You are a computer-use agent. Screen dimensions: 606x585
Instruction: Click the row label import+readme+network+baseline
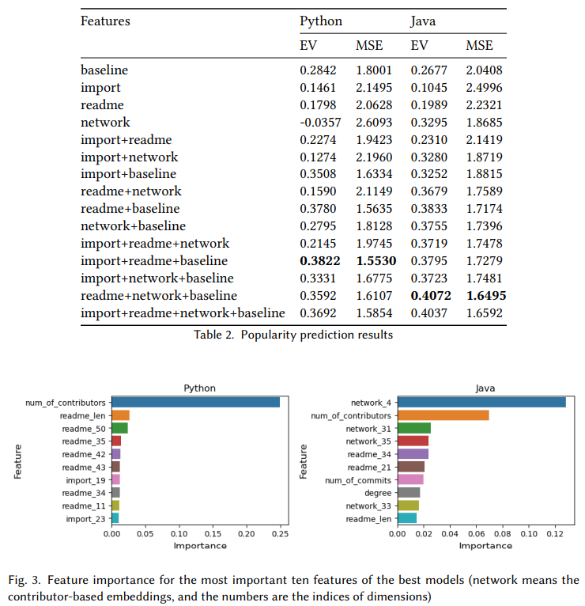tap(183, 313)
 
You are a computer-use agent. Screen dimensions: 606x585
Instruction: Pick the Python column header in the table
tap(321, 21)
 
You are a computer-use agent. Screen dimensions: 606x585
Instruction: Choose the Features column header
tap(105, 21)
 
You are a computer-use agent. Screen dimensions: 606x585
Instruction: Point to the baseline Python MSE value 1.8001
tap(374, 70)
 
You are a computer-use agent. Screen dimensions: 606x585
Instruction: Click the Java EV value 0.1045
tap(429, 87)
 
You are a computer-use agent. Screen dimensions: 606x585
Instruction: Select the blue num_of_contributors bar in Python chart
tap(195, 402)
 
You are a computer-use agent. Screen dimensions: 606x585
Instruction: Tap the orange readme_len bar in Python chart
tap(120, 415)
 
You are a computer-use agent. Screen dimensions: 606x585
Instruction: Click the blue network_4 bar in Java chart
tap(481, 402)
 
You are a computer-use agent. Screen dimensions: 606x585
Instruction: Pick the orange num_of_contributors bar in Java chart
tap(442, 415)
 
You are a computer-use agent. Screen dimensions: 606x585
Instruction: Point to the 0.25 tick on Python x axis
tap(280, 533)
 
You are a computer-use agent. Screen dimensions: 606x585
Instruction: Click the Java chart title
tap(485, 388)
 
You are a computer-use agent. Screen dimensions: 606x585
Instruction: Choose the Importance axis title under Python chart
tap(200, 545)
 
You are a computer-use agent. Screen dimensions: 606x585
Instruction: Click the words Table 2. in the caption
tap(214, 334)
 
